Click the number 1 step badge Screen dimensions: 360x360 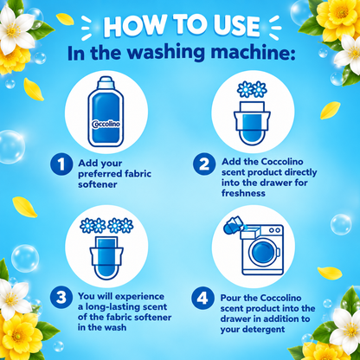pos(61,164)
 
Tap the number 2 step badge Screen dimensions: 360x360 pos(204,164)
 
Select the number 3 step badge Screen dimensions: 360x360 pos(61,298)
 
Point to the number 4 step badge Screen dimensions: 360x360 pos(202,298)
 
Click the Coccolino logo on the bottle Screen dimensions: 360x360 pos(106,124)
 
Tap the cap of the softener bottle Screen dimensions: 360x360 pos(106,83)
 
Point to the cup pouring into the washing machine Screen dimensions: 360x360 pos(233,225)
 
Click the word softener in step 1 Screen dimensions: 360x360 pos(98,184)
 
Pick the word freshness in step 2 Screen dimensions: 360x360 pos(243,193)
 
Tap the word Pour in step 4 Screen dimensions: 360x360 pos(229,298)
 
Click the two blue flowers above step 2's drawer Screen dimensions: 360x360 pos(252,89)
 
